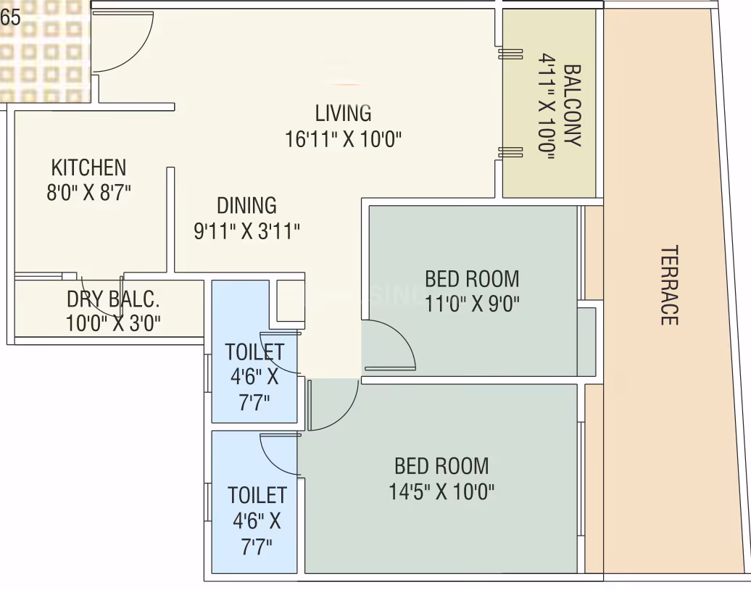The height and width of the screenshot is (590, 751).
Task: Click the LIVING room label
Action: point(343,113)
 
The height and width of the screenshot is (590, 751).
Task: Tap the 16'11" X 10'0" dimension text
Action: point(343,139)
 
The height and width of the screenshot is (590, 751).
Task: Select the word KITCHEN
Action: point(88,167)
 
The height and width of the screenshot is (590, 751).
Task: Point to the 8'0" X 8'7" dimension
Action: point(88,193)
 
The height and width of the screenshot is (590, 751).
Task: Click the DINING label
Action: point(246,205)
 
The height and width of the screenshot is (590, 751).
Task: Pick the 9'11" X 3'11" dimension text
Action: point(246,230)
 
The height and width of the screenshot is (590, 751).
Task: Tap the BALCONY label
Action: point(572,105)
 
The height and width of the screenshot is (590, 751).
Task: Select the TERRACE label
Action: point(669,285)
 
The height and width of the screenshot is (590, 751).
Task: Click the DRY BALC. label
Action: point(113,299)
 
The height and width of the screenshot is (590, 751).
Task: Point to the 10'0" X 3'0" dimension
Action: point(113,323)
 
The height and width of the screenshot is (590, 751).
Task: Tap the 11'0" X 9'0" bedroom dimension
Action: point(472,303)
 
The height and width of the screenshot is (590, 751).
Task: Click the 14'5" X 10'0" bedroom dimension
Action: point(441,491)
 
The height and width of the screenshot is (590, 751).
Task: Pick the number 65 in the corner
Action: point(11,17)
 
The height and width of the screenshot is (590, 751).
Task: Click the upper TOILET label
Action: point(254,352)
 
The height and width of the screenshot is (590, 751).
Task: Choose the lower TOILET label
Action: point(257,495)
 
